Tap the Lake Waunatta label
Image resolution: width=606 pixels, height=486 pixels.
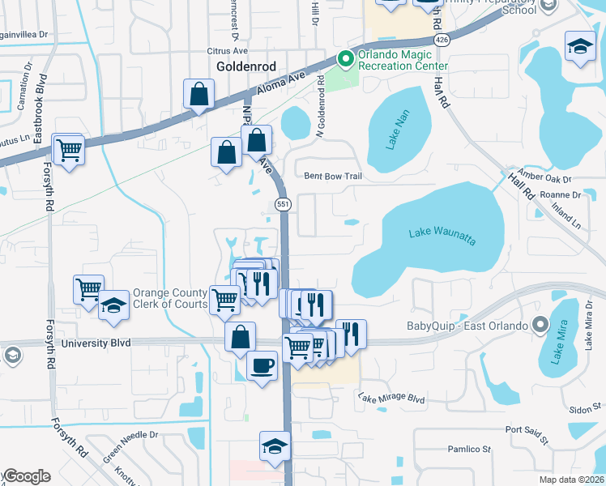point(442,234)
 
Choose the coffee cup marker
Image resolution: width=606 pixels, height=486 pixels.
point(261,366)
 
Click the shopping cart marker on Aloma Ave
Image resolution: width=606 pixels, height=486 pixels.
point(69,149)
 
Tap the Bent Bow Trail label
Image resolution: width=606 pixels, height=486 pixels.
point(332,176)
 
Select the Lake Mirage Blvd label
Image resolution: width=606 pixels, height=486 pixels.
point(391,399)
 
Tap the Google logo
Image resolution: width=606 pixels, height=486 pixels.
point(26,476)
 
